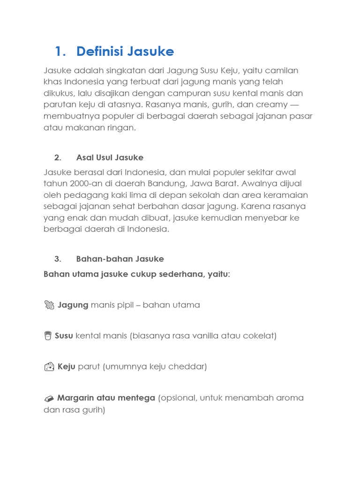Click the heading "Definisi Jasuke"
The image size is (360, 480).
125,51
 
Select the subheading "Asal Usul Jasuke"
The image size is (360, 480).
110,157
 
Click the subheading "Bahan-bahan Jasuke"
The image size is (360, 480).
120,259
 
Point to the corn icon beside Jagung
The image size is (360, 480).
49,305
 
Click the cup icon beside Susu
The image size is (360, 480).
48,336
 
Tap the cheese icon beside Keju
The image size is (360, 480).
49,367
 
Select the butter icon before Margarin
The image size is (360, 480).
49,398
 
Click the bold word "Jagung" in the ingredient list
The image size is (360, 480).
73,305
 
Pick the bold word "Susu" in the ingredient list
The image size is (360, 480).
64,336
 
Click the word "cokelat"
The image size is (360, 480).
258,336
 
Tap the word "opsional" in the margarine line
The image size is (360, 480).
178,397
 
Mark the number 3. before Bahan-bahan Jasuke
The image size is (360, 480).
58,259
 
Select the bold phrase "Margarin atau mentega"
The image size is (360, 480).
106,397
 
